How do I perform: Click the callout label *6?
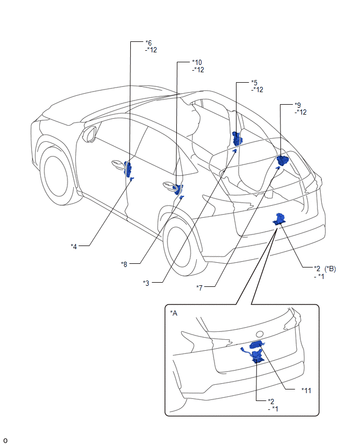pos(149,42)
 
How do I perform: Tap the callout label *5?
pos(254,82)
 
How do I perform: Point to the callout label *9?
pos(298,105)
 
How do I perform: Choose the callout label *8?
pos(124,264)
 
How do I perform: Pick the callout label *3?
pos(147,283)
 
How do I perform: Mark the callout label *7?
pos(200,287)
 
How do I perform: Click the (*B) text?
pos(330,269)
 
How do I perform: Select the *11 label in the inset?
pos(307,390)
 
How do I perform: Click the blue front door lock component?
pos(128,169)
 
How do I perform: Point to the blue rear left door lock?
pos(178,189)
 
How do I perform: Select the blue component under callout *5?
pos(238,139)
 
